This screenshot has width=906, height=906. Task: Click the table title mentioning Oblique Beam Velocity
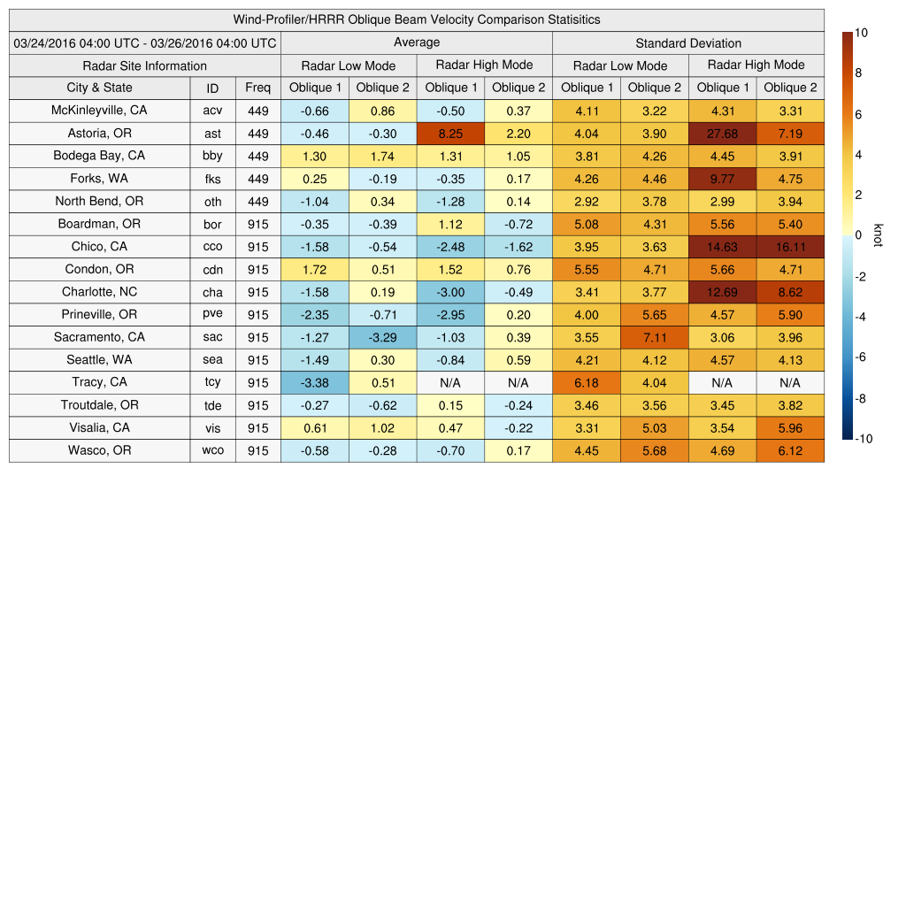click(x=417, y=19)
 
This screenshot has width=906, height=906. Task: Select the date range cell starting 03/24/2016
click(x=144, y=42)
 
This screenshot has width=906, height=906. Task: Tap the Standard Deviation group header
click(x=688, y=42)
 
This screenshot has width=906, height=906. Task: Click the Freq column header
click(x=258, y=88)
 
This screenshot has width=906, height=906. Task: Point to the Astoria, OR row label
click(x=99, y=133)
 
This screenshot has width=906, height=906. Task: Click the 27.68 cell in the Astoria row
click(x=722, y=134)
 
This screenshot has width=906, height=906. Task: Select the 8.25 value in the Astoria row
click(x=451, y=134)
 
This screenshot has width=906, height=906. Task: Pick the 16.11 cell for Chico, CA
click(x=790, y=247)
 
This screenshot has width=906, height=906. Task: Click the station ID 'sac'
click(x=212, y=337)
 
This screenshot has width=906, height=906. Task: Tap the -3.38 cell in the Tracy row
click(x=315, y=382)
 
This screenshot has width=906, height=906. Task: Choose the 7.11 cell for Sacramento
click(x=655, y=337)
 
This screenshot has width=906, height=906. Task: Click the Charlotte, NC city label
click(x=99, y=291)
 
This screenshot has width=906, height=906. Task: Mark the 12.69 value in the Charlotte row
click(x=722, y=292)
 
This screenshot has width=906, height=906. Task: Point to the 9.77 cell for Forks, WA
click(x=722, y=179)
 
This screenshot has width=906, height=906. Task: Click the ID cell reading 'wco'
click(x=212, y=450)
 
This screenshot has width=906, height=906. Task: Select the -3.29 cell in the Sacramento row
click(x=382, y=337)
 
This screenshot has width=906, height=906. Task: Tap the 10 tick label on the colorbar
click(x=861, y=33)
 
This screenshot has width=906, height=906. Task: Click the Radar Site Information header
click(x=144, y=65)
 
